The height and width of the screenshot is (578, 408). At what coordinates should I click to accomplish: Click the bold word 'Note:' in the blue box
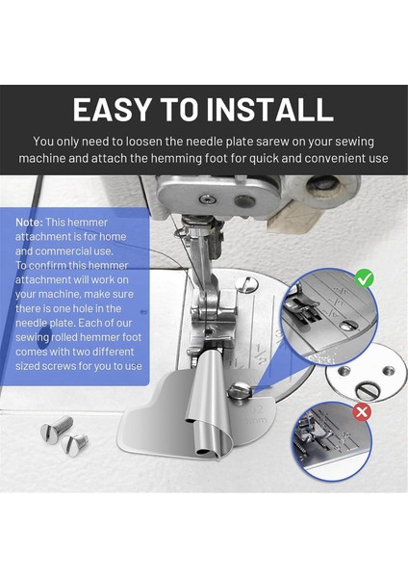pos(29,221)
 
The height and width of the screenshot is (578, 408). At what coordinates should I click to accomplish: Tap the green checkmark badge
pos(364,279)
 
